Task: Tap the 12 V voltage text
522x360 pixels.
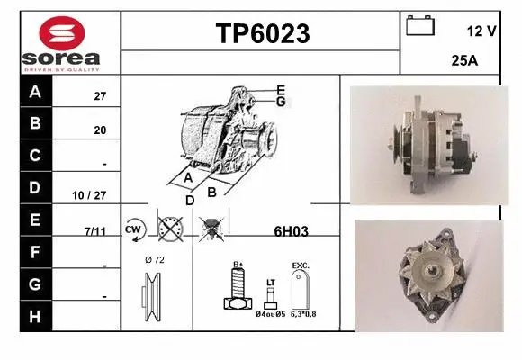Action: (x=481, y=31)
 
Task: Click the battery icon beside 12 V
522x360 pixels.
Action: (x=419, y=26)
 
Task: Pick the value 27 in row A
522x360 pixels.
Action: (x=100, y=96)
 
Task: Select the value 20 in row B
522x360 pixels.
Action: (x=100, y=130)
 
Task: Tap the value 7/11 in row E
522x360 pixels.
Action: (x=94, y=231)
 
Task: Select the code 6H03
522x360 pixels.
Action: (x=291, y=230)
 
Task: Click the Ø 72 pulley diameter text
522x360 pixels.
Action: (x=154, y=259)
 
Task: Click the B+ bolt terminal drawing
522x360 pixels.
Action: (x=235, y=291)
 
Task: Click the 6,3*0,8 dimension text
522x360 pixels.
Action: (x=303, y=314)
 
